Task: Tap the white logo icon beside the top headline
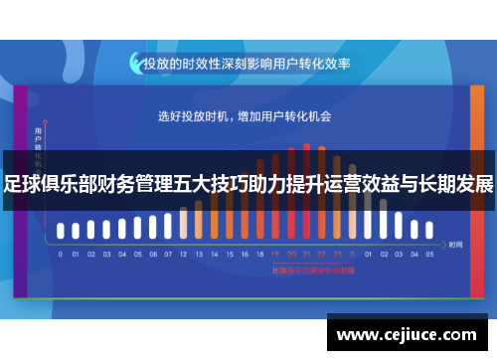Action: [134, 63]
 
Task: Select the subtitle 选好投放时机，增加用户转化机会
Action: [245, 116]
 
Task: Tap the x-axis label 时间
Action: [455, 244]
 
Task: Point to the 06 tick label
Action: [152, 255]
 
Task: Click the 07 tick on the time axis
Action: [167, 255]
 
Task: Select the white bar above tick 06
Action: [152, 228]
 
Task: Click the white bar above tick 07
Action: [167, 226]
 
